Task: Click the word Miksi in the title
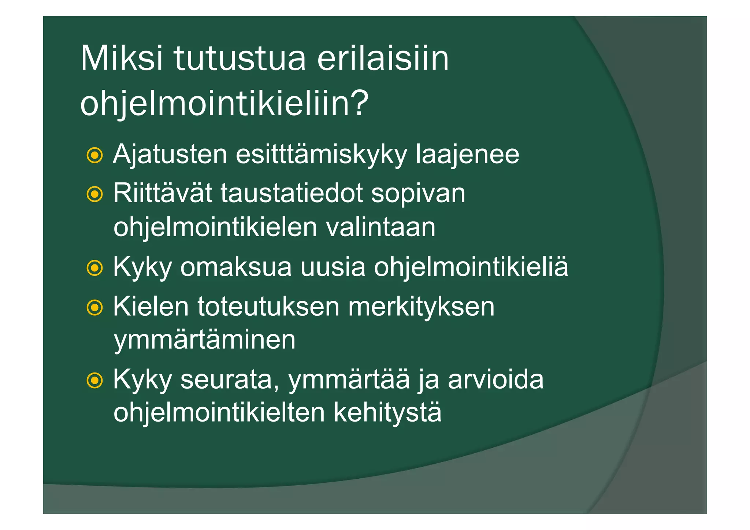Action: tap(121, 59)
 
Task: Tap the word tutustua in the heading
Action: tap(240, 59)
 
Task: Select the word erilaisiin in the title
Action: tap(383, 59)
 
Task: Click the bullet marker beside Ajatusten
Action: tap(94, 156)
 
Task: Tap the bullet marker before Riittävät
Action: tap(94, 194)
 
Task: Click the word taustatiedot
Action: tap(292, 193)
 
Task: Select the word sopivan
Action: tap(418, 193)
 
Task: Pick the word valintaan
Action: tap(380, 227)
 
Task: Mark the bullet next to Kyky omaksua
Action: tap(94, 268)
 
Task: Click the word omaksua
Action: tap(236, 267)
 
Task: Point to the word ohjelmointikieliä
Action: tap(471, 267)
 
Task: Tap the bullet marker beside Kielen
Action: tap(94, 308)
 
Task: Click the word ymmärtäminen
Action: tap(204, 340)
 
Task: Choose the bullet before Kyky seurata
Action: tap(94, 381)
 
